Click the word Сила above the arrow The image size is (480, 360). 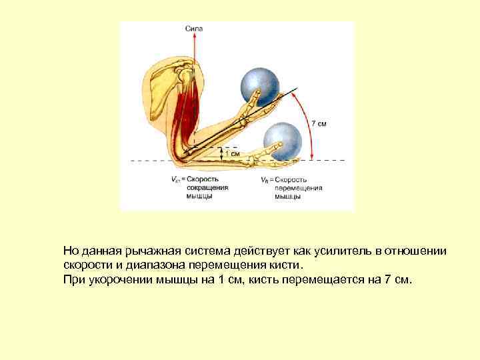(194, 29)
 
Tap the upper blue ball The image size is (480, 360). (261, 84)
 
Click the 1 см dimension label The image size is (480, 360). (232, 153)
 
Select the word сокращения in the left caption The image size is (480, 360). (207, 188)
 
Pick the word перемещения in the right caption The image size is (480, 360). (299, 188)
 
